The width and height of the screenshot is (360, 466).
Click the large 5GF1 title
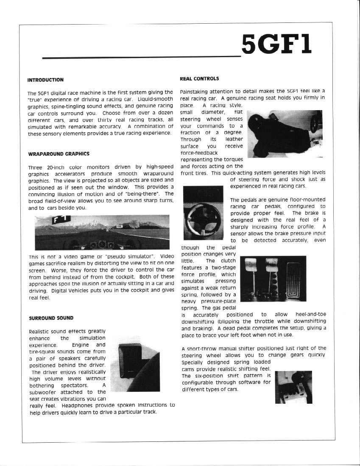click(x=277, y=44)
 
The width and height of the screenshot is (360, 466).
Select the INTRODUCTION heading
click(x=45, y=80)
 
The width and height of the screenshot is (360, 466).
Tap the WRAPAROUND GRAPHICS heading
click(x=59, y=153)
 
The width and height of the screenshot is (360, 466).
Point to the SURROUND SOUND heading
click(x=51, y=318)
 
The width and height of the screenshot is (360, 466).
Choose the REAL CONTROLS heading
click(x=199, y=78)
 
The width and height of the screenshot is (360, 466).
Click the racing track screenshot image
click(x=102, y=232)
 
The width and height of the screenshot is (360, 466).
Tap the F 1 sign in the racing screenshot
click(x=60, y=219)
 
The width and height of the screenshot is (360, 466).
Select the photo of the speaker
click(x=139, y=366)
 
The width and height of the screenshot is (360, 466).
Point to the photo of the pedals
click(x=273, y=278)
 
